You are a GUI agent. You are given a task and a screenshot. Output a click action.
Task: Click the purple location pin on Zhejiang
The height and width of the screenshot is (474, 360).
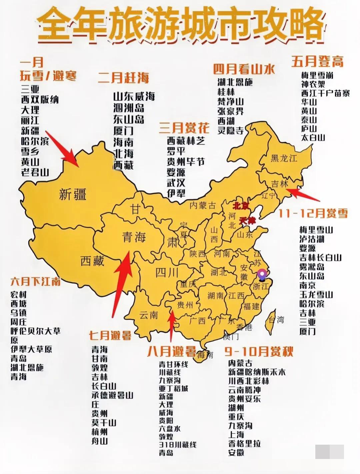[x=262, y=275]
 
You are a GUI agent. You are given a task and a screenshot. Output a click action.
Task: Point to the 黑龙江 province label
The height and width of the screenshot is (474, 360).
[x=284, y=158]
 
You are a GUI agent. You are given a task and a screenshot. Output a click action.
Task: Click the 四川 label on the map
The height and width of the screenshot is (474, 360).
[x=167, y=273]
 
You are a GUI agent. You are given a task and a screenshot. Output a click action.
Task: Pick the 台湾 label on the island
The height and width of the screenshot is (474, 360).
[x=276, y=320]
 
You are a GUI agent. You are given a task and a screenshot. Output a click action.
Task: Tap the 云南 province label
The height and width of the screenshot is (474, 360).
[x=149, y=315]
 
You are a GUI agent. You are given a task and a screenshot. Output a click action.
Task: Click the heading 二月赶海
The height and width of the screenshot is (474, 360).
[x=123, y=78]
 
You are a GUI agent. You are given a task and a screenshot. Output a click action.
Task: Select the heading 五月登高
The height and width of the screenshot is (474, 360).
[x=317, y=61]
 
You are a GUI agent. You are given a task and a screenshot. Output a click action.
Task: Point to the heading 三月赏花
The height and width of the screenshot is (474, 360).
[x=184, y=128]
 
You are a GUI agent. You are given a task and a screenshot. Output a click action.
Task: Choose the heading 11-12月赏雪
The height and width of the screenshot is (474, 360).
[x=313, y=213]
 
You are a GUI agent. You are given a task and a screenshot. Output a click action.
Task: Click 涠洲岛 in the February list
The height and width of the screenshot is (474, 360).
[x=129, y=108]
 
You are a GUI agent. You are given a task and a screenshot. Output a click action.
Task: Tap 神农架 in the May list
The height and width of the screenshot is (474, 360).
[x=313, y=84]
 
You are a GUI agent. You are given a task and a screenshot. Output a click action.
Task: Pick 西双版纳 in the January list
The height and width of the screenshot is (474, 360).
[x=40, y=99]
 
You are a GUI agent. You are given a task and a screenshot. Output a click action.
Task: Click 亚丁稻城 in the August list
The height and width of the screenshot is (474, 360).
[x=173, y=388]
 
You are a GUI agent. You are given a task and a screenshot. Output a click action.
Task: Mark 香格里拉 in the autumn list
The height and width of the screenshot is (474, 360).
[x=244, y=443]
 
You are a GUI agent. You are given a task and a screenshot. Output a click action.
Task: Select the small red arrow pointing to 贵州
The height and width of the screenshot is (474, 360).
[x=172, y=325]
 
